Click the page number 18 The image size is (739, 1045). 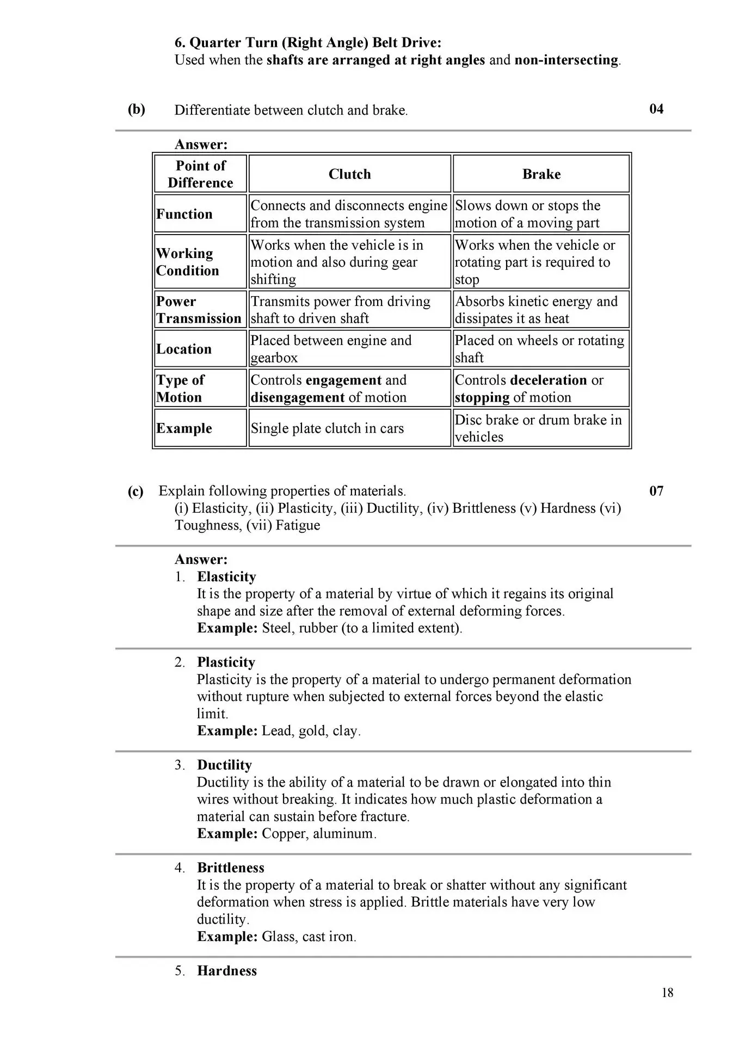click(667, 993)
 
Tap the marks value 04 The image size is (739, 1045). click(656, 109)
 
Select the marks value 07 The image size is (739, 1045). click(656, 491)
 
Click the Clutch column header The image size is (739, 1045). click(349, 174)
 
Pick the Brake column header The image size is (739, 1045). click(541, 174)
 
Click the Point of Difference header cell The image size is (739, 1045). click(200, 174)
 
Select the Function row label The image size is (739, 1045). click(184, 214)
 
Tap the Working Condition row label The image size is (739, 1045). click(187, 262)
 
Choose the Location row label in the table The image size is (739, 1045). click(184, 349)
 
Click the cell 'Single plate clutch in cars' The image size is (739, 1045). click(327, 428)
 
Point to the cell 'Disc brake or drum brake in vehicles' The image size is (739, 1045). click(538, 428)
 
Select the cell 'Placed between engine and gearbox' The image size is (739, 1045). click(331, 349)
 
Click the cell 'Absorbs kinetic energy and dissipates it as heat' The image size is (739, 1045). click(536, 310)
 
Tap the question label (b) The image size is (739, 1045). click(137, 109)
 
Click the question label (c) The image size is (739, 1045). click(136, 491)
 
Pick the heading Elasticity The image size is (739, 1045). click(226, 577)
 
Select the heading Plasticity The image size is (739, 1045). click(226, 662)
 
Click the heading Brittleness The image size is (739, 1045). click(231, 868)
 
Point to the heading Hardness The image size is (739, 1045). click(227, 971)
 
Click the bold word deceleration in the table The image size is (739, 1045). click(549, 380)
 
